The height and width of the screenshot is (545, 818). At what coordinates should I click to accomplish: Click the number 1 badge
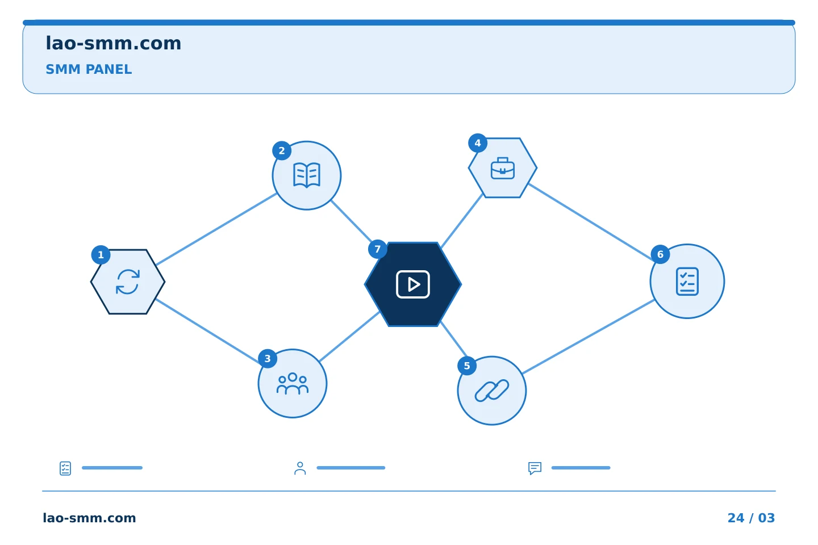tap(101, 255)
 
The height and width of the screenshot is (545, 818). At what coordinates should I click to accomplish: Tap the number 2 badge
tap(282, 151)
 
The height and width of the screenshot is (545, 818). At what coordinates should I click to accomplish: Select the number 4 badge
tap(478, 143)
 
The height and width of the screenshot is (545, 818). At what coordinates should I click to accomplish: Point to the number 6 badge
tap(660, 254)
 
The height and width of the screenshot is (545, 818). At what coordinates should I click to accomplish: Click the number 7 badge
tap(378, 249)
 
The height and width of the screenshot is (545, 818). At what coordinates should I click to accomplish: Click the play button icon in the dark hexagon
tap(413, 284)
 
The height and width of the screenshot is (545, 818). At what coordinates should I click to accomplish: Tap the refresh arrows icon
tap(128, 282)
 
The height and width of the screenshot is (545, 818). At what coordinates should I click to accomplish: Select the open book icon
tap(307, 175)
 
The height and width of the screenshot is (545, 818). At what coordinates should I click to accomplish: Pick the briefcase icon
tap(503, 168)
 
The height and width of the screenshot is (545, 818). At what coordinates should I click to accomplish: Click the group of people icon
tap(293, 384)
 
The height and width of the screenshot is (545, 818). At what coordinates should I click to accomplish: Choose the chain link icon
tap(492, 391)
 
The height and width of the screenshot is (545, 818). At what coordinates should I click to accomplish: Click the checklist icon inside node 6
tap(687, 282)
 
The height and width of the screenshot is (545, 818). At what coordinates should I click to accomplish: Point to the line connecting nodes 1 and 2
tap(216, 229)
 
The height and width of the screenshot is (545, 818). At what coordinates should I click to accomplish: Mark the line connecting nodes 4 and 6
tap(591, 223)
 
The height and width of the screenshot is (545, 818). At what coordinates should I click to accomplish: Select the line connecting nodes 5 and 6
tap(589, 337)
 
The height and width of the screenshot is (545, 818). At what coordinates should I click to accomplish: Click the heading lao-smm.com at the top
tap(113, 43)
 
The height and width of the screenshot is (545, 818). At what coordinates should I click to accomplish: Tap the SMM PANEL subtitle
tap(89, 69)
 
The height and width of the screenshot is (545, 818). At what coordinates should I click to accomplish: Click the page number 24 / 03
tap(751, 518)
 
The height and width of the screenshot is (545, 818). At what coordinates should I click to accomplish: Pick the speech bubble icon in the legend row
tap(535, 468)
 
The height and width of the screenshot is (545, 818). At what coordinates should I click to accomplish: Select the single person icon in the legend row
tap(300, 468)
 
